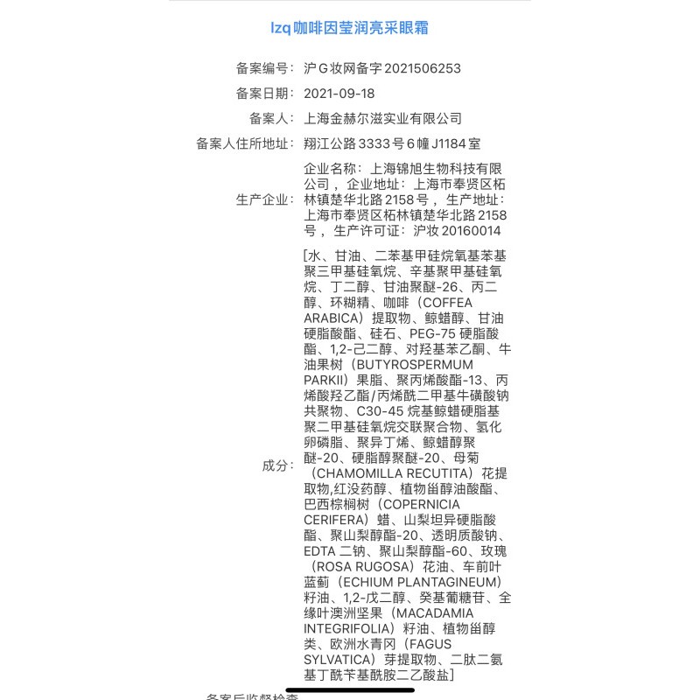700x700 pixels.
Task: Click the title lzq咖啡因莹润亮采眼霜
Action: pyautogui.click(x=349, y=28)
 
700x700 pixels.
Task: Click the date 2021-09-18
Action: pyautogui.click(x=339, y=94)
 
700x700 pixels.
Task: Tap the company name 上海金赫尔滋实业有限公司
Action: pyautogui.click(x=382, y=118)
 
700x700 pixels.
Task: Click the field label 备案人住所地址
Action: pyautogui.click(x=246, y=143)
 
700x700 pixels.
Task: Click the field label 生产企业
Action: pyautogui.click(x=265, y=199)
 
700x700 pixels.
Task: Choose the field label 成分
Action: pyautogui.click(x=278, y=465)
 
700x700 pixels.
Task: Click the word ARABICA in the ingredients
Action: pyautogui.click(x=333, y=317)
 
